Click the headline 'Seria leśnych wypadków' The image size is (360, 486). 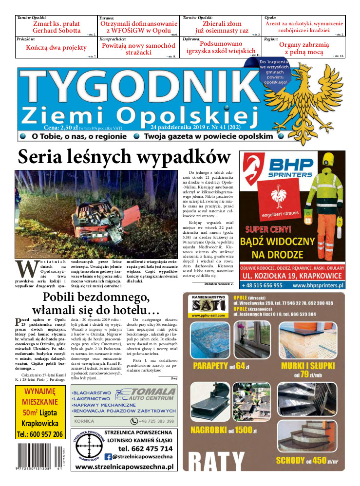click(124, 157)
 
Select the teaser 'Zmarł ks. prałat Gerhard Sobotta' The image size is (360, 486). click(56, 27)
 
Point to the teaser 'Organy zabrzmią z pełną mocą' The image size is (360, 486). click(304, 48)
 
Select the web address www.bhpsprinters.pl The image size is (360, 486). click(316, 285)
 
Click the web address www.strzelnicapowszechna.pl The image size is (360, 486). click(125, 467)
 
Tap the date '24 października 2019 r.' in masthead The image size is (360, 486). click(175, 128)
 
